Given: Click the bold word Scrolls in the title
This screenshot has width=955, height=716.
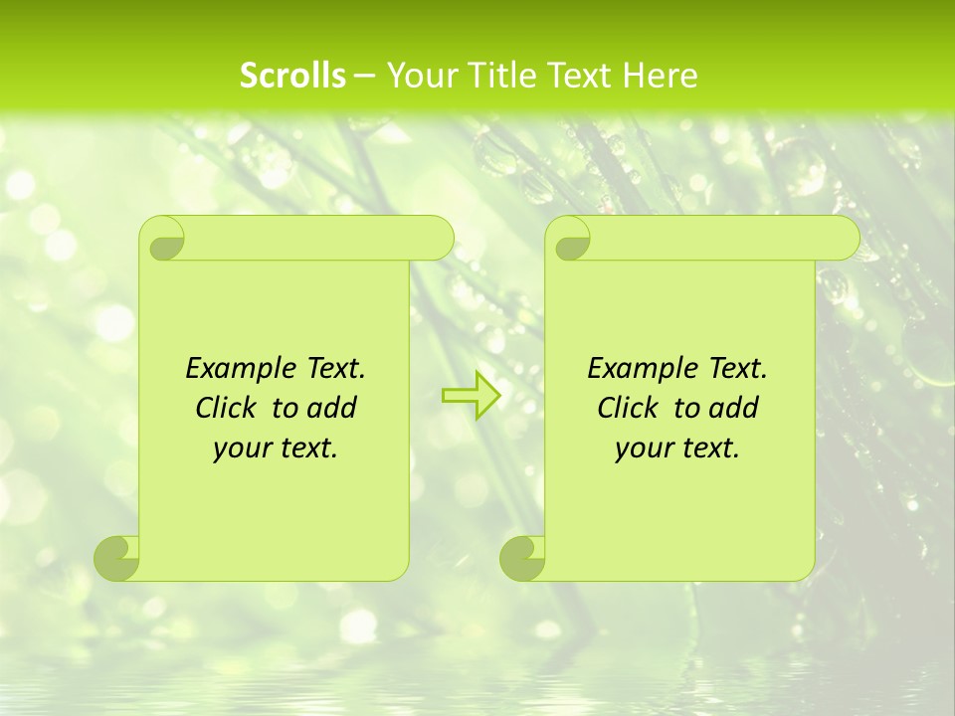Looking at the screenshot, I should click(292, 76).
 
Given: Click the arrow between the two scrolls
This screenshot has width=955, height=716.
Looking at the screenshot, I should click(471, 396).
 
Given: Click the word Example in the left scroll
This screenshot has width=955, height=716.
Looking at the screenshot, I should click(237, 369).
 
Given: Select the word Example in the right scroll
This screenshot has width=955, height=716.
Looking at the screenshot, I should click(639, 369).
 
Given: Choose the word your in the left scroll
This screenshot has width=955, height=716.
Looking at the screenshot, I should click(239, 449).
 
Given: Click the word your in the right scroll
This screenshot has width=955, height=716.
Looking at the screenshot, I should click(641, 449).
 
